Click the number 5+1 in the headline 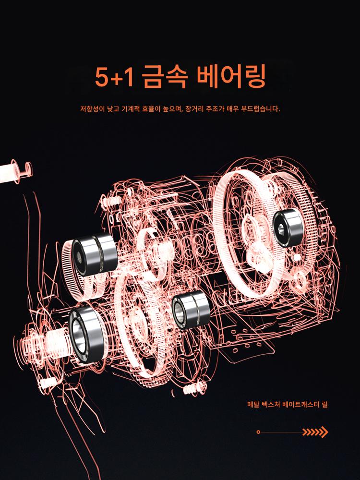(114, 77)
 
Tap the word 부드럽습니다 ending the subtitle (260, 108)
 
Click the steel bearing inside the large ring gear (288, 228)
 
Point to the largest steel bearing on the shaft (87, 334)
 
